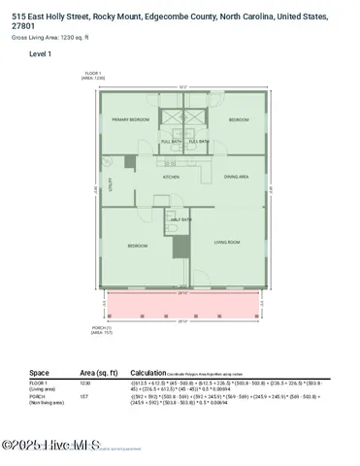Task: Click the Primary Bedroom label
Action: [x=130, y=119]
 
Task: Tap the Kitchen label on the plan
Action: [x=171, y=177]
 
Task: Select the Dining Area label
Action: [x=237, y=177]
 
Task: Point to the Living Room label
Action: [x=227, y=242]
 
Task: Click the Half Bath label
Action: [x=181, y=219]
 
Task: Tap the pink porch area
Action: [x=182, y=308]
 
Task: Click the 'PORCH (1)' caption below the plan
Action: [x=88, y=327]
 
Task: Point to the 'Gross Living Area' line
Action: [x=49, y=37]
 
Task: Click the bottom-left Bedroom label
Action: [x=137, y=246]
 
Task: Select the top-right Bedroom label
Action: [x=239, y=119]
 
